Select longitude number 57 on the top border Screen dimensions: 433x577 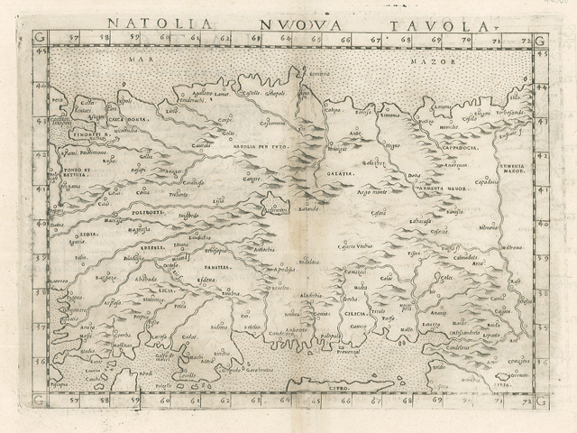tap(73, 39)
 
